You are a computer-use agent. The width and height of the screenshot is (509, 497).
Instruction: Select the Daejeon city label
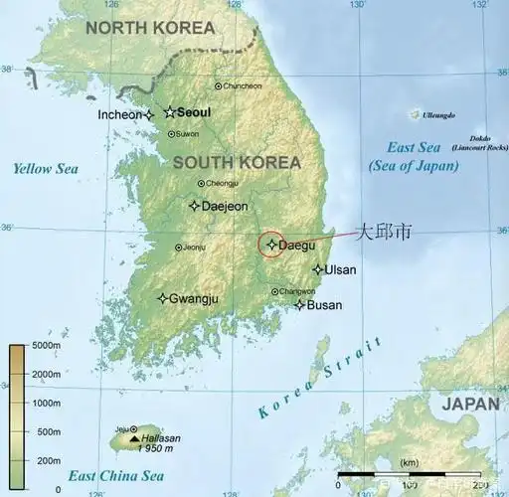pyautogui.click(x=224, y=207)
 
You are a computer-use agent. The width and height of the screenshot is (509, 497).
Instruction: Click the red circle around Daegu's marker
pyautogui.click(x=272, y=244)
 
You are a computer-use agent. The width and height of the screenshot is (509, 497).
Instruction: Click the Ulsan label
pyautogui.click(x=340, y=269)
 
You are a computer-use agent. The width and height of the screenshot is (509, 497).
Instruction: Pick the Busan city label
pyautogui.click(x=324, y=305)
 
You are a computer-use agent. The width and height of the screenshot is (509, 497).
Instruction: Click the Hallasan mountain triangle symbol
pyautogui.click(x=134, y=438)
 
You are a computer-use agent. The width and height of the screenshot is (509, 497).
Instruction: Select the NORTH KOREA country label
pyautogui.click(x=150, y=28)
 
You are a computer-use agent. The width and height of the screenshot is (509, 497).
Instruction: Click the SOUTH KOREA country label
pyautogui.click(x=236, y=162)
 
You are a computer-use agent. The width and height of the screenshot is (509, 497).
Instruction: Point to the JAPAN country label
pyautogui.click(x=470, y=404)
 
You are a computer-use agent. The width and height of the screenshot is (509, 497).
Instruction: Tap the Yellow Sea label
pyautogui.click(x=46, y=169)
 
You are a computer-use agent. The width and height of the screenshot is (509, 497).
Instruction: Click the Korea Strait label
pyautogui.click(x=321, y=379)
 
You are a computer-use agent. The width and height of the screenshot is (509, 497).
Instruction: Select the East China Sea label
pyautogui.click(x=116, y=476)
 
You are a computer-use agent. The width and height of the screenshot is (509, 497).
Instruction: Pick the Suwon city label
pyautogui.click(x=187, y=134)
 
